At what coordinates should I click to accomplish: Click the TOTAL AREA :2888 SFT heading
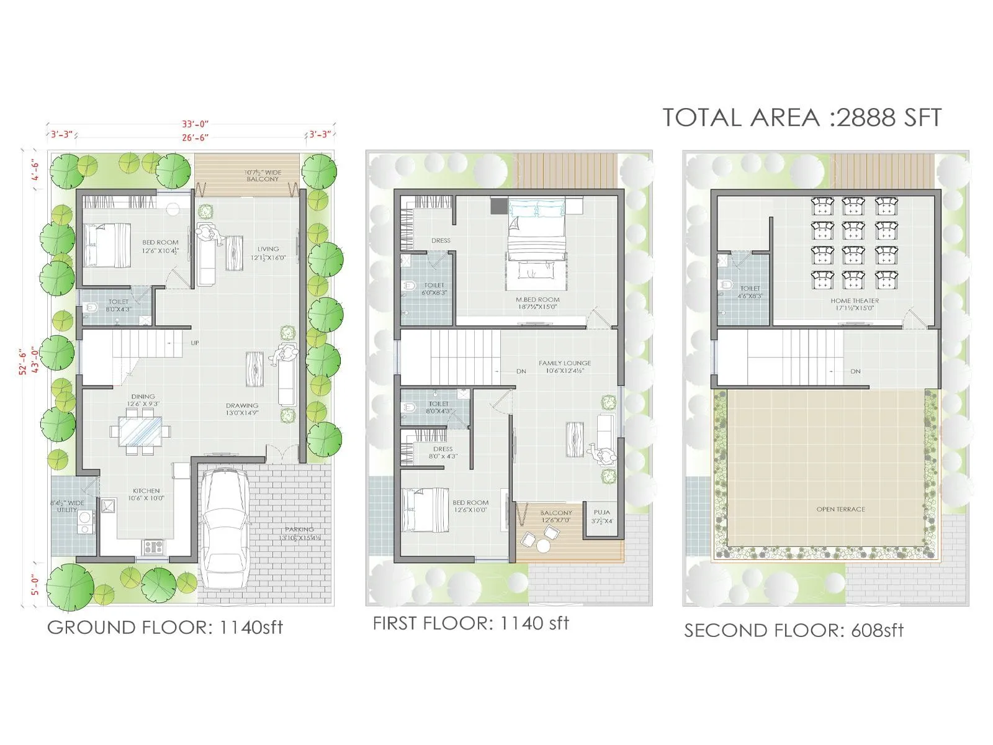[802, 117]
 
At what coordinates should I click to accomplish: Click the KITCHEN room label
[146, 491]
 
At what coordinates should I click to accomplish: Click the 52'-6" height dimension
[23, 361]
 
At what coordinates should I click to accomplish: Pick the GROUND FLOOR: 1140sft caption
[165, 627]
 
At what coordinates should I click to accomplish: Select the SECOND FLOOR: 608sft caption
[793, 630]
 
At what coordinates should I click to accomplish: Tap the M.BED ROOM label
[537, 299]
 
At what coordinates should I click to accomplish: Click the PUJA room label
[601, 513]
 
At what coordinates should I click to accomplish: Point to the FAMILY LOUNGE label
[565, 363]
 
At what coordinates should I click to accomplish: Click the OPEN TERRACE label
[840, 509]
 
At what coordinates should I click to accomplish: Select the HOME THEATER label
[855, 300]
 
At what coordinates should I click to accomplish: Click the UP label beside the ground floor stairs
[195, 343]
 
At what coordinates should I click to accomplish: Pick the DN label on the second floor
[855, 371]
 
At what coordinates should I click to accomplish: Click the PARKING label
[300, 530]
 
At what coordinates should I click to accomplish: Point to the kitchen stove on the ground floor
[153, 546]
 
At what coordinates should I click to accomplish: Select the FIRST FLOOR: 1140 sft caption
[470, 623]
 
